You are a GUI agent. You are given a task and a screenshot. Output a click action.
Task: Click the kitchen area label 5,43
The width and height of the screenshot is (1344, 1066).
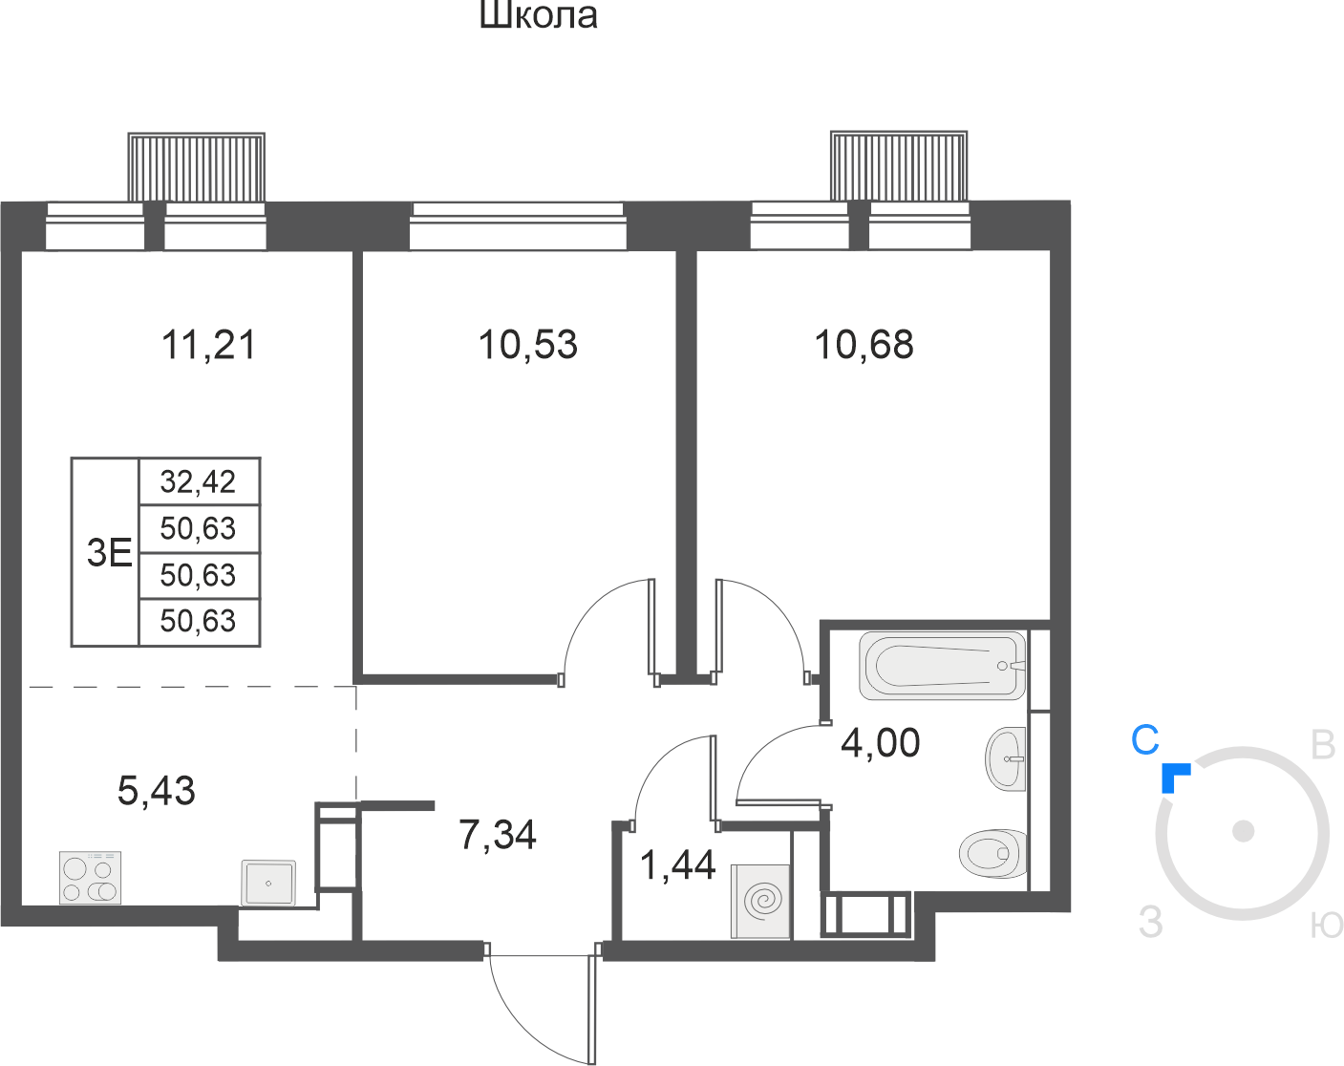[156, 790]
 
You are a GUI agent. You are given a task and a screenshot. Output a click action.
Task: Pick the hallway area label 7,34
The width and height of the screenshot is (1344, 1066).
[497, 834]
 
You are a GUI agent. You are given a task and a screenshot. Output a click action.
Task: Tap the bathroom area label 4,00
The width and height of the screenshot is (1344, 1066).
[880, 742]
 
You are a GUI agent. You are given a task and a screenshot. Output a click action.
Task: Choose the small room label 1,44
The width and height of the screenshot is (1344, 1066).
[677, 865]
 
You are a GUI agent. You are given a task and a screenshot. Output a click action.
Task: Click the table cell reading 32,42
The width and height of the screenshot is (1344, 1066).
[198, 481]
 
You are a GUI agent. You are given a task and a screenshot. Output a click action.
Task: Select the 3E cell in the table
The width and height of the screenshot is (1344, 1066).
[109, 553]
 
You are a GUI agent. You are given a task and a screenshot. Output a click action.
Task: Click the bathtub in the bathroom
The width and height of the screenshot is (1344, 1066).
[943, 666]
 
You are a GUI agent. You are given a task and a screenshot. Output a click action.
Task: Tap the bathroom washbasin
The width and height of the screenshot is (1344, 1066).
[1006, 758]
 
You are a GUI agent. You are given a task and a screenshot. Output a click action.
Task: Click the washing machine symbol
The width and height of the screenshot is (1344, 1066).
[760, 901]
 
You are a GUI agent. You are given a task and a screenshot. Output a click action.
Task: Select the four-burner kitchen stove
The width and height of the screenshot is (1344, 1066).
[90, 878]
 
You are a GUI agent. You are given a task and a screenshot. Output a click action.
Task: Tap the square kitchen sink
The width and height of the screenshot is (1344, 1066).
[268, 883]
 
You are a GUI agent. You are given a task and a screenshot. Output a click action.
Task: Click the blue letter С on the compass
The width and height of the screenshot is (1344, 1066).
[1144, 740]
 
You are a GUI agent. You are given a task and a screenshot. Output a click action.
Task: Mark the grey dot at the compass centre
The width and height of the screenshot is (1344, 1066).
[1243, 831]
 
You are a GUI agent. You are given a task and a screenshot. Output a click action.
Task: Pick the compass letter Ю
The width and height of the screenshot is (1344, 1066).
[1327, 925]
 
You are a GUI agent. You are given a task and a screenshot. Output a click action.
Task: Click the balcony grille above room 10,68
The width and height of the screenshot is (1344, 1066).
[899, 166]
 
